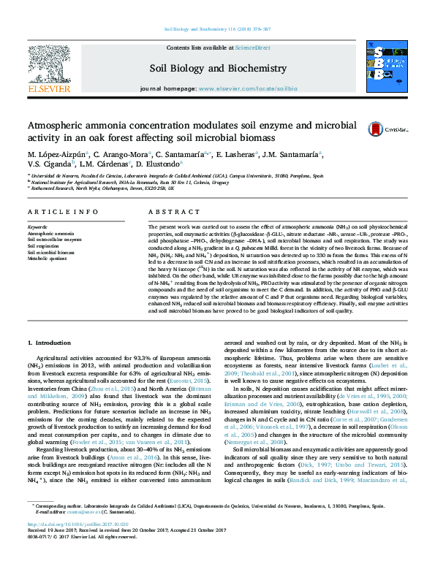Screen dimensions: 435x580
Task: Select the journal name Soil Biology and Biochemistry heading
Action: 218,68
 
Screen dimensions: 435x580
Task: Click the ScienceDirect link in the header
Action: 252,47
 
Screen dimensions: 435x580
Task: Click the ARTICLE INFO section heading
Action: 63,211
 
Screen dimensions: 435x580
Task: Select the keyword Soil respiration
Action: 45,246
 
